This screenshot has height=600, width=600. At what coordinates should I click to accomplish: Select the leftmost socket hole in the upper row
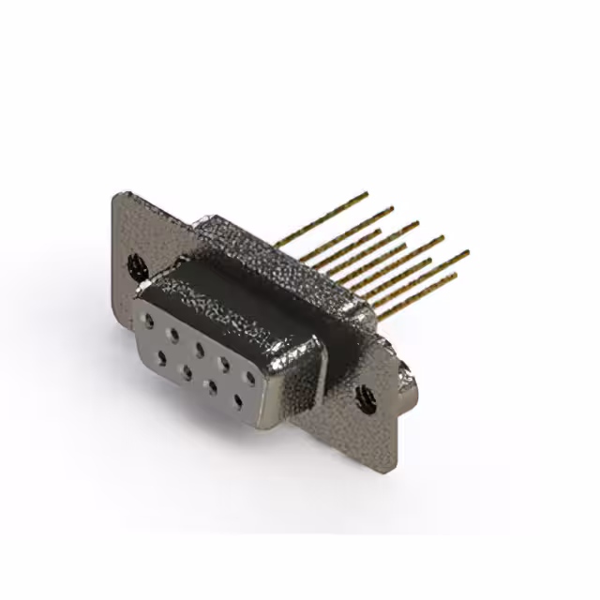148,320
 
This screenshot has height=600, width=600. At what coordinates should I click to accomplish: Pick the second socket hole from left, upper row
172,332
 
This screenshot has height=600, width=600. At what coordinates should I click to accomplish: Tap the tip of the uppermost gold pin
367,194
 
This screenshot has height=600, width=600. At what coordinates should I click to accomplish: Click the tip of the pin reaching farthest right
466,252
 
